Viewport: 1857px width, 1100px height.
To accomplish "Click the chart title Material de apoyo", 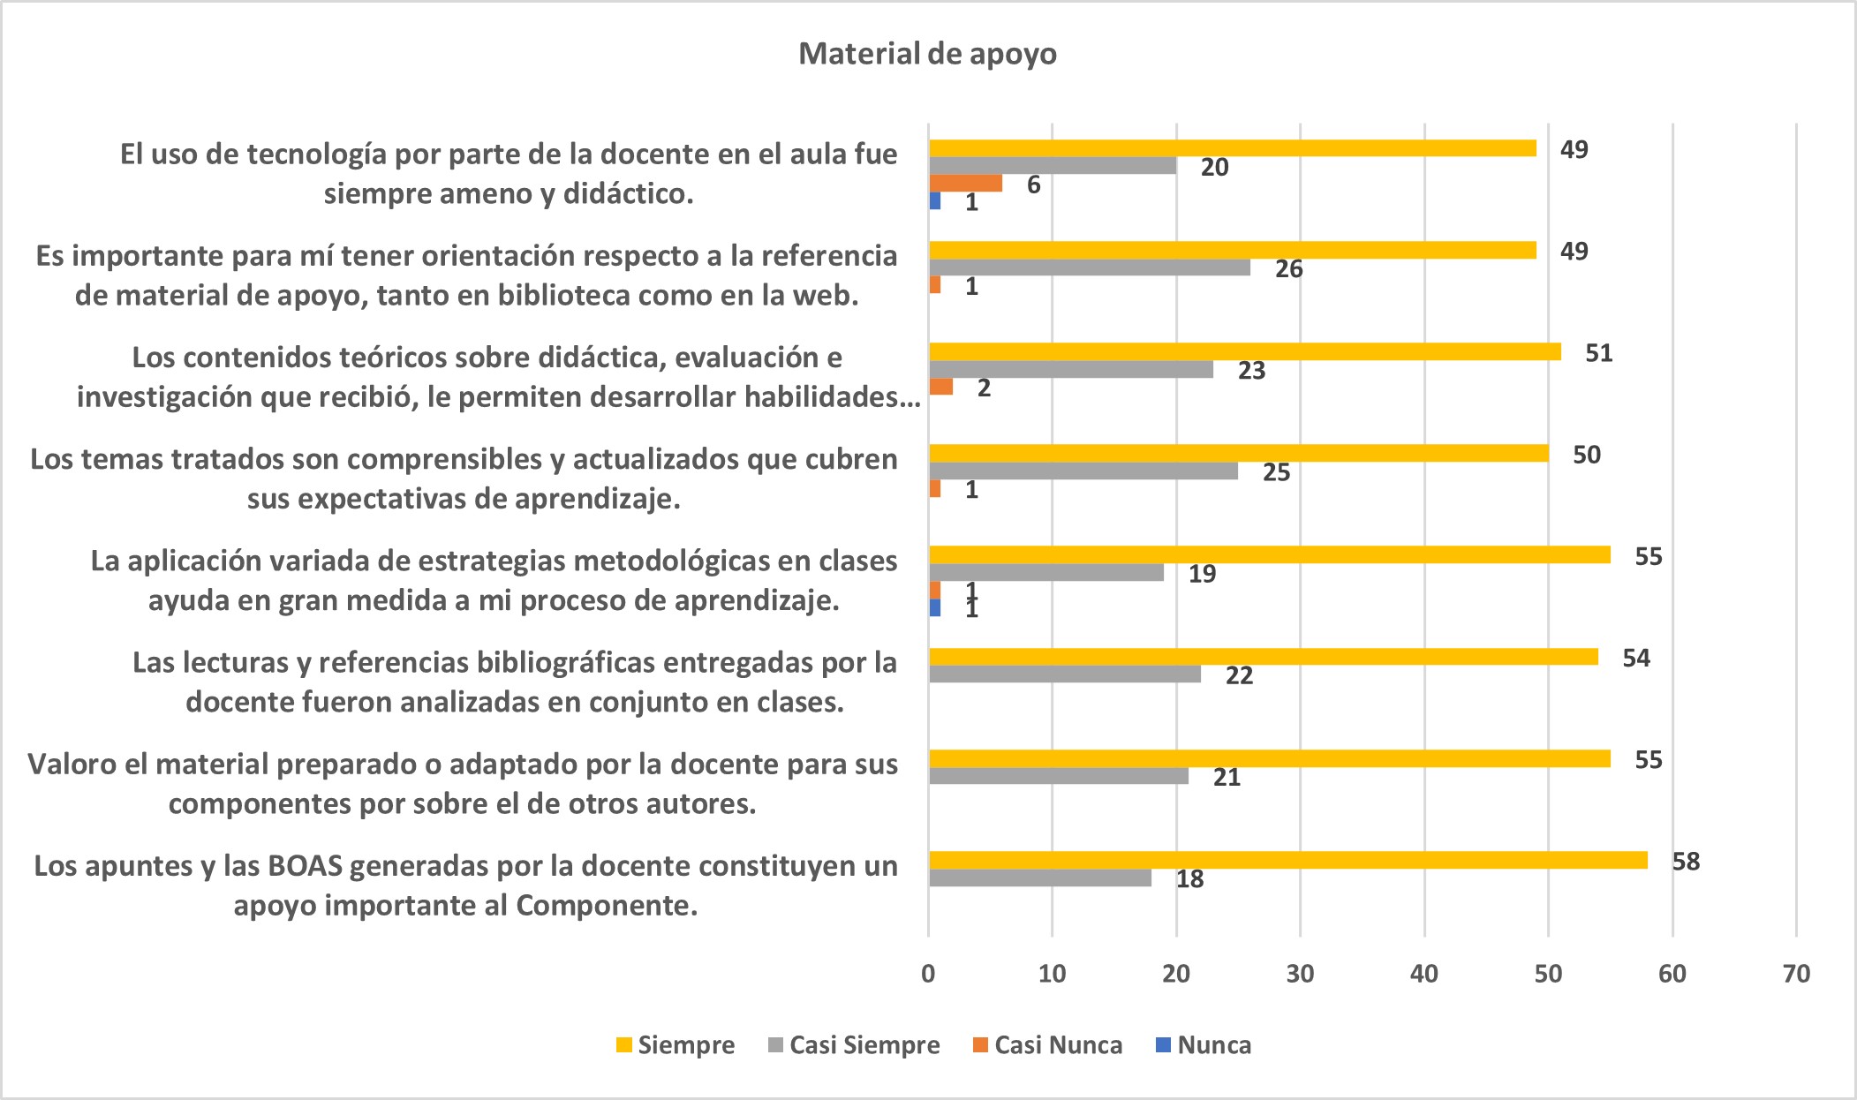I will pyautogui.click(x=927, y=54).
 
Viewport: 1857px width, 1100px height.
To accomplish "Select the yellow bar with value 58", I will pyautogui.click(x=1287, y=860).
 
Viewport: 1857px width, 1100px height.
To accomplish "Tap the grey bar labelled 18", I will pyautogui.click(x=1039, y=878).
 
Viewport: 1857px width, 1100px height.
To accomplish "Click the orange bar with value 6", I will pyautogui.click(x=965, y=184).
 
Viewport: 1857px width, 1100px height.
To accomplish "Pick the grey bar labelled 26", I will pyautogui.click(x=1089, y=267).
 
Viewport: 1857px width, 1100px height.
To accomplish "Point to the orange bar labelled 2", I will pyautogui.click(x=940, y=387).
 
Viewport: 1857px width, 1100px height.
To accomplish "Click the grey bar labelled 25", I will pyautogui.click(x=1083, y=471).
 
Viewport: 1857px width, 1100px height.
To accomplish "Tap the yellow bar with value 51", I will pyautogui.click(x=1244, y=351).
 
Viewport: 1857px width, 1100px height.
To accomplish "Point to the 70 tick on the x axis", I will pyautogui.click(x=1796, y=974).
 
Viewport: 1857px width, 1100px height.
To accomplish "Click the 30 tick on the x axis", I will pyautogui.click(x=1300, y=974).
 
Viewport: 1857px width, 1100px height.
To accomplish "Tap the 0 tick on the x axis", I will pyautogui.click(x=928, y=974).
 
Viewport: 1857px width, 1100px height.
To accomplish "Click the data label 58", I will pyautogui.click(x=1686, y=862).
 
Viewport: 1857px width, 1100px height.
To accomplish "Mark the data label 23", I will pyautogui.click(x=1251, y=371).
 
